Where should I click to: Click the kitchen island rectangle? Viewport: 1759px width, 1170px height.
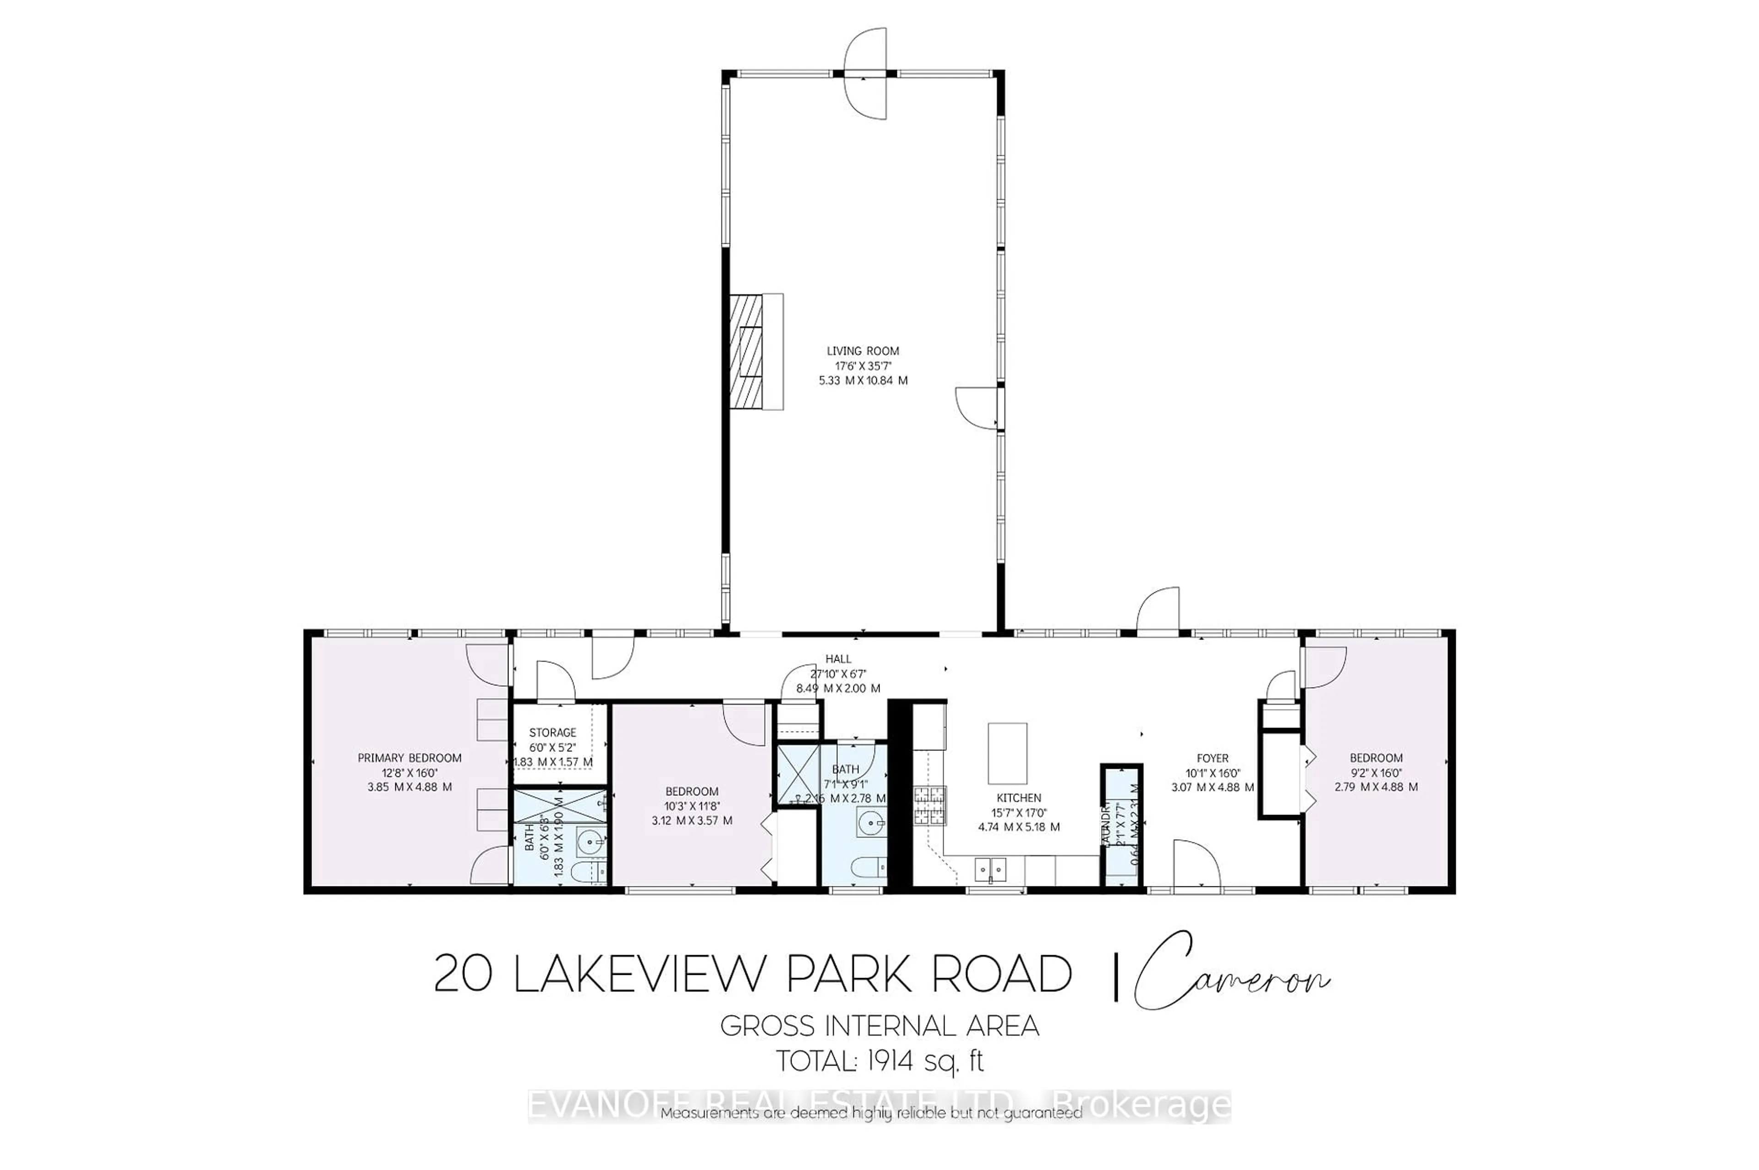point(1007,753)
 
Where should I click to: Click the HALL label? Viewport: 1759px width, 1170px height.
point(838,659)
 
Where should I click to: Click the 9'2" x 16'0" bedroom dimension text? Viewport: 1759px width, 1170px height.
point(1376,773)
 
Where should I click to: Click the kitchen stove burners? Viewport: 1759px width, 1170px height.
point(931,806)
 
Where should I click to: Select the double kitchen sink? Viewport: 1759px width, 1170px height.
point(990,869)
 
